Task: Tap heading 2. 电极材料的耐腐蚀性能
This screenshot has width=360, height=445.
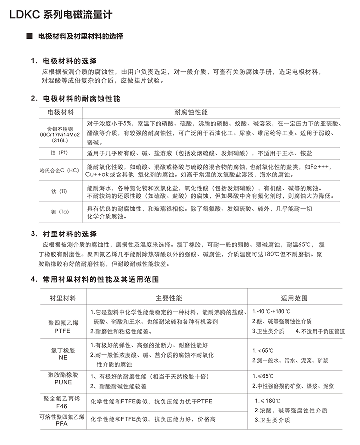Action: click(x=75, y=99)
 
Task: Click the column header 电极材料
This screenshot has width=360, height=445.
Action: click(x=60, y=112)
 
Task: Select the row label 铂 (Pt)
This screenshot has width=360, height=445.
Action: click(x=60, y=153)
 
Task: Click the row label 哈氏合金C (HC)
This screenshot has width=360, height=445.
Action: click(x=60, y=170)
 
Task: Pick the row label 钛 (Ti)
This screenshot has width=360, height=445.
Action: click(x=60, y=192)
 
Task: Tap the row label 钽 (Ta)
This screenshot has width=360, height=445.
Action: click(x=60, y=212)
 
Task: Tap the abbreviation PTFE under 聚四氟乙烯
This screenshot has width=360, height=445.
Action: click(x=63, y=331)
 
